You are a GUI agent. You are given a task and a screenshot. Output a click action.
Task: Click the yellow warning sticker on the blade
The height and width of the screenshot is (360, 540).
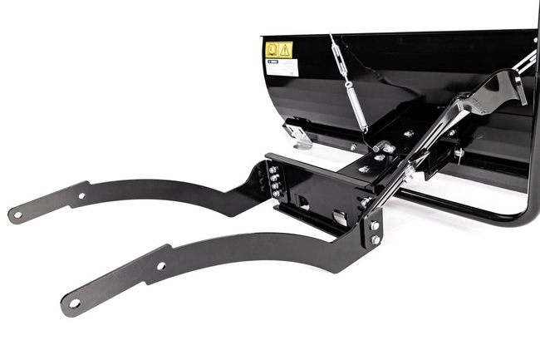coord(279,50)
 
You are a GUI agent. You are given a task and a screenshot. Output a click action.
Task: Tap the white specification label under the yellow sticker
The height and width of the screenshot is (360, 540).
coord(281,67)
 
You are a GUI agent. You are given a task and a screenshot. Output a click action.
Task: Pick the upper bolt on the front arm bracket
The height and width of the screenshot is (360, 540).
coord(376,225)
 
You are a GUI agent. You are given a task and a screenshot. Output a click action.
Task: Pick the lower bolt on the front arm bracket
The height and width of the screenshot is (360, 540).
coord(376,239)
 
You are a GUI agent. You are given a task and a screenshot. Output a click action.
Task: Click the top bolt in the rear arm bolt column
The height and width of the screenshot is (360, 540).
coord(272,169)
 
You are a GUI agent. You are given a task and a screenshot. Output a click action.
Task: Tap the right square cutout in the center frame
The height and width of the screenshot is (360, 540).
coord(340,218)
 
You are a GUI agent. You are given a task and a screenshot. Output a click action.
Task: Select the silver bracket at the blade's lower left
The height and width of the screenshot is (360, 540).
coord(297,134)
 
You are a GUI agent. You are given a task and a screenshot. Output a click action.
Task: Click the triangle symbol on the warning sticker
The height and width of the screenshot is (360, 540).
coord(285,50)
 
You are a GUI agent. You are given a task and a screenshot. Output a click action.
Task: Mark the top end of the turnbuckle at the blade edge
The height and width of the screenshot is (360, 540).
coord(332,37)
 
